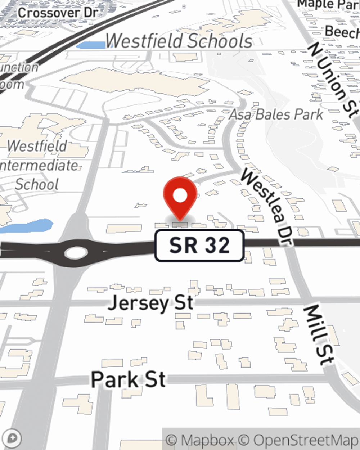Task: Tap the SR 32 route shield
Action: (199, 245)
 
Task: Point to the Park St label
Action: (128, 379)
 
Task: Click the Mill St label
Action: (318, 335)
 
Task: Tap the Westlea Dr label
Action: (266, 207)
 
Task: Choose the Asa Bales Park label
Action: (276, 114)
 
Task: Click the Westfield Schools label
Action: (179, 41)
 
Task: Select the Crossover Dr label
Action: (58, 13)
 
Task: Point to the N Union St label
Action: (333, 79)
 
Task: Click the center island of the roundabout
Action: (76, 253)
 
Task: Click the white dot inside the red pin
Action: (180, 196)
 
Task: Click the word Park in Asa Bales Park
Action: (308, 114)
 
